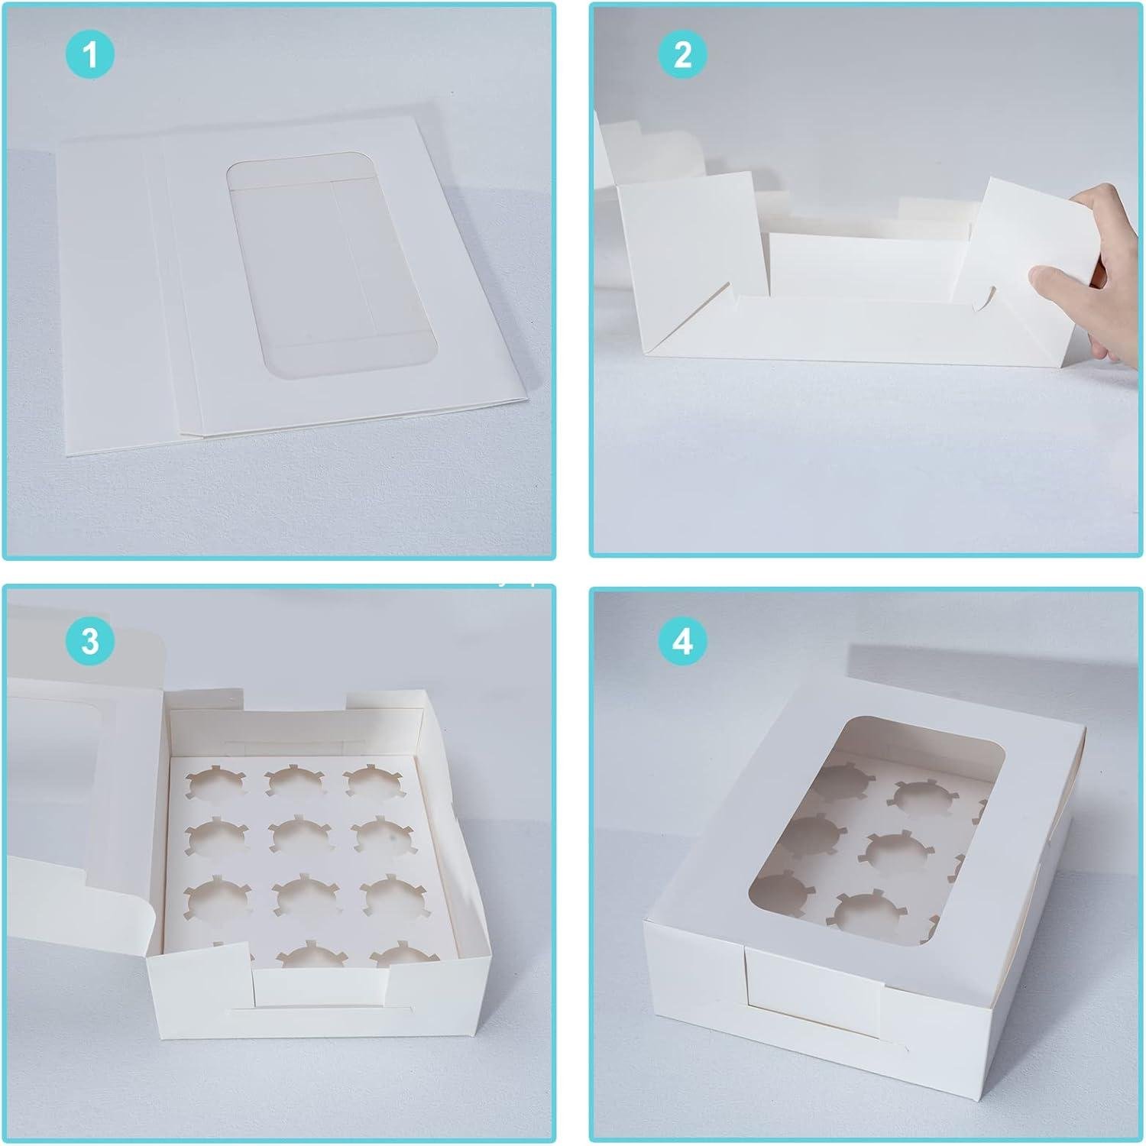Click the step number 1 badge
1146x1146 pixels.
[x=90, y=55]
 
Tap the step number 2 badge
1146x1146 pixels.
[x=682, y=55]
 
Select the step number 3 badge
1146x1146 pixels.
[x=90, y=640]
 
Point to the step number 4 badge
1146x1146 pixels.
[x=682, y=640]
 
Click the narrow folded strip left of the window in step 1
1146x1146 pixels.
[x=157, y=283]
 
